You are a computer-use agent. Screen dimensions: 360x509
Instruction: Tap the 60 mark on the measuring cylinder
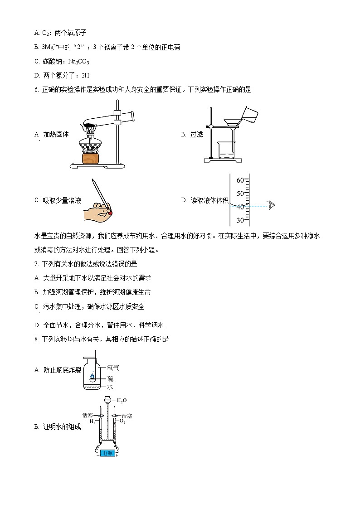pos(240,180)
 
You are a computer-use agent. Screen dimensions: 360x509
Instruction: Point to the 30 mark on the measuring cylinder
pos(240,220)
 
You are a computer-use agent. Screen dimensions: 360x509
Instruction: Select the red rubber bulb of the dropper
pos(110,211)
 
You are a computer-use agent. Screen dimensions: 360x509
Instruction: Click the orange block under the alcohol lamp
pos(90,158)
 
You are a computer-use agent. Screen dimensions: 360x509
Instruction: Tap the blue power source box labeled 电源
pos(107,453)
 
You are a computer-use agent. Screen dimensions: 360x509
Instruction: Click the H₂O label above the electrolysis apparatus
pos(122,401)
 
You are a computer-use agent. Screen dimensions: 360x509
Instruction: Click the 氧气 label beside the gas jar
pos(113,368)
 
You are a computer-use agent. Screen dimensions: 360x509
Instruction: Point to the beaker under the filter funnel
pos(227,150)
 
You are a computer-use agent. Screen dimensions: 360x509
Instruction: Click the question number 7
pos(36,264)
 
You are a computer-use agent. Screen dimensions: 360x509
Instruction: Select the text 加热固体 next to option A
pos(56,134)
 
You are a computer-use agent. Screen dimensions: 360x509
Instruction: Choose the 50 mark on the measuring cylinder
pos(240,194)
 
